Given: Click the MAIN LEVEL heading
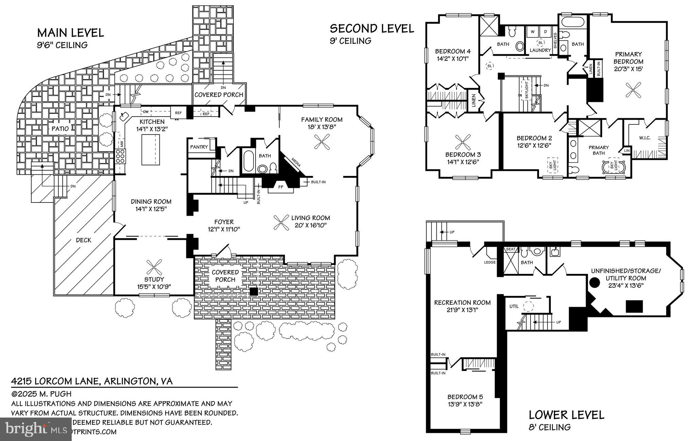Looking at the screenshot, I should pyautogui.click(x=70, y=33).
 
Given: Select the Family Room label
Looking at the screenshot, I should pyautogui.click(x=321, y=120).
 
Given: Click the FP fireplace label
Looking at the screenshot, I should pyautogui.click(x=281, y=187).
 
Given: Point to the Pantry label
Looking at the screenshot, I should pyautogui.click(x=199, y=147).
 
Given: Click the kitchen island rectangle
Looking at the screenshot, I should pyautogui.click(x=151, y=149).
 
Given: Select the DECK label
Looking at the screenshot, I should pyautogui.click(x=83, y=240).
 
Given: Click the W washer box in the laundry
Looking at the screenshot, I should pyautogui.click(x=533, y=32).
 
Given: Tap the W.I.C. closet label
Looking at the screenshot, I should pyautogui.click(x=644, y=138).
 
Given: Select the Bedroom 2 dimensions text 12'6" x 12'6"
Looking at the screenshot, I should pyautogui.click(x=534, y=145).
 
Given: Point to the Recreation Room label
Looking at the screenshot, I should pyautogui.click(x=462, y=302).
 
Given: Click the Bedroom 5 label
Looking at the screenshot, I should pyautogui.click(x=465, y=397).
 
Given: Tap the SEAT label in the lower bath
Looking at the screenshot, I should pyautogui.click(x=510, y=249).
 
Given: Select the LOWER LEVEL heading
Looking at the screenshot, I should pyautogui.click(x=567, y=415).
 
